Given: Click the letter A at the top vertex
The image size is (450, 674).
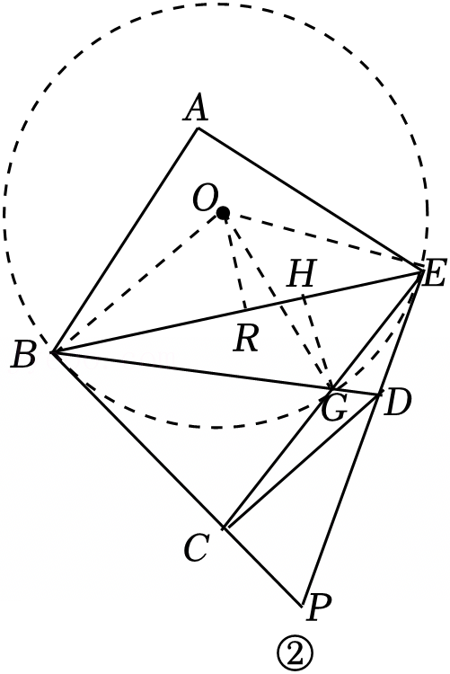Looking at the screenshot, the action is pyautogui.click(x=197, y=108).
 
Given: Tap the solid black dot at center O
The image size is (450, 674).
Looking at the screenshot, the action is pyautogui.click(x=223, y=212).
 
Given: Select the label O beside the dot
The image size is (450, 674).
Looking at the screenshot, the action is pyautogui.click(x=204, y=199).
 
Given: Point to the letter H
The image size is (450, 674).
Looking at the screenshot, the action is pyautogui.click(x=301, y=273).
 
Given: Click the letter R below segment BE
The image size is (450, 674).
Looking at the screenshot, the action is pyautogui.click(x=247, y=338).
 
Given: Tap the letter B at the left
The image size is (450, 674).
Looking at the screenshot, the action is pyautogui.click(x=23, y=354).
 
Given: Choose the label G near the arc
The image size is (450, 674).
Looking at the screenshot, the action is pyautogui.click(x=333, y=407).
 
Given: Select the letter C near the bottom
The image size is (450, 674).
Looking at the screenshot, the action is pyautogui.click(x=197, y=547).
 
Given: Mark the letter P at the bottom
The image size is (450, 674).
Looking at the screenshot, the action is pyautogui.click(x=320, y=607).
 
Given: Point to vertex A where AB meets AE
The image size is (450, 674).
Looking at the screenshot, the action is pyautogui.click(x=198, y=129).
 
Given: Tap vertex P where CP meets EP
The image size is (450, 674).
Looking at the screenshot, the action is pyautogui.click(x=302, y=606).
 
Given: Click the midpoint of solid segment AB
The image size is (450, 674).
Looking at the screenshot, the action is pyautogui.click(x=125, y=240).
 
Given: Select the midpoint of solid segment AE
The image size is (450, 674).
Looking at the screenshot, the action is pyautogui.click(x=309, y=200).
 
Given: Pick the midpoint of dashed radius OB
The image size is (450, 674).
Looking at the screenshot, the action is pyautogui.click(x=137, y=282).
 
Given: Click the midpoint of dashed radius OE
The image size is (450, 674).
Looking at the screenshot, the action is pyautogui.click(x=322, y=242).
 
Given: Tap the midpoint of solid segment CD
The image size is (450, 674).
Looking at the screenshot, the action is pyautogui.click(x=301, y=460).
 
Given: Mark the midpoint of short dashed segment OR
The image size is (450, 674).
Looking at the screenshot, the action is pyautogui.click(x=234, y=261).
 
